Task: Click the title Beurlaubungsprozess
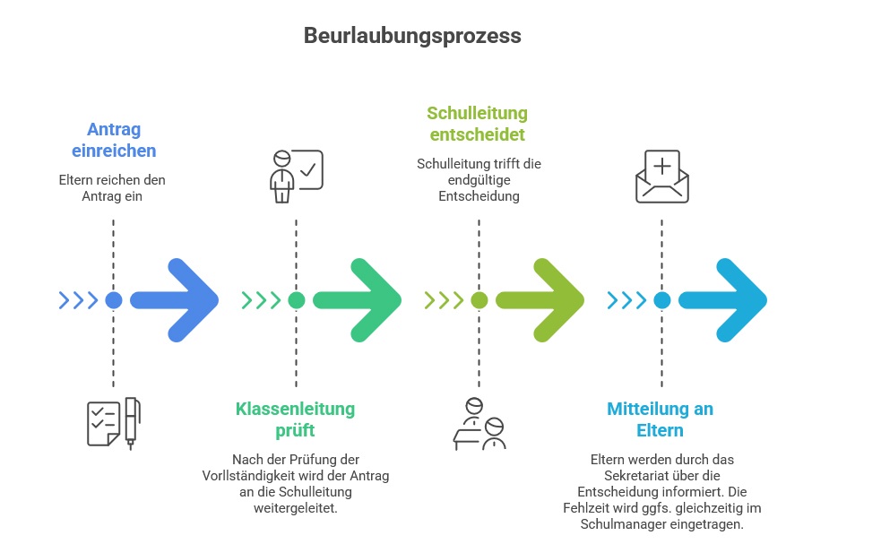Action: click(412, 36)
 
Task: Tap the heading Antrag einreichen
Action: click(113, 140)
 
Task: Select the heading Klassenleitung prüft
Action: click(295, 419)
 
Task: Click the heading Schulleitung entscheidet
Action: click(477, 124)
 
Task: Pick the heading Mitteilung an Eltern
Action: click(661, 419)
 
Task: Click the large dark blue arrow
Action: click(179, 300)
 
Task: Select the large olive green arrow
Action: click(545, 300)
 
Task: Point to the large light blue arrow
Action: click(727, 300)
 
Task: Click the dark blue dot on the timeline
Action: click(114, 300)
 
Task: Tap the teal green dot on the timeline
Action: click(297, 300)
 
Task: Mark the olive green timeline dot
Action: click(479, 300)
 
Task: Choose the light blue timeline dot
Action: click(661, 300)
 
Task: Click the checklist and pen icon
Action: click(114, 422)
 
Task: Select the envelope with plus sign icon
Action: click(661, 177)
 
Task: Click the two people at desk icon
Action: click(479, 422)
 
